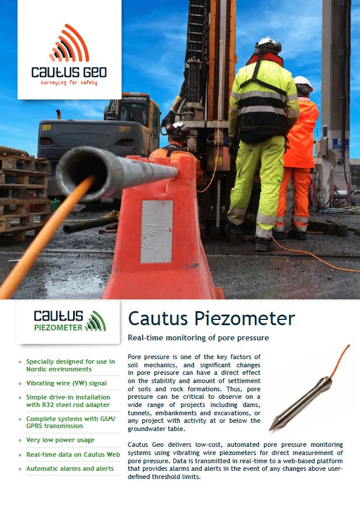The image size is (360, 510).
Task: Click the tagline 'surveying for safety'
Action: coord(69,82)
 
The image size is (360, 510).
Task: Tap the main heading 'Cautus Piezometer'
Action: coord(211,319)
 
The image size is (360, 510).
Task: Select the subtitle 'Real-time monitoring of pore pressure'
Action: coord(197,338)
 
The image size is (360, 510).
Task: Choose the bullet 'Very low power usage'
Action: coord(60,440)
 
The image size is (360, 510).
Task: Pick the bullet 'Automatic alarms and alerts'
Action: coord(70,468)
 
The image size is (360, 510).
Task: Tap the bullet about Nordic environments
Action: coord(70,366)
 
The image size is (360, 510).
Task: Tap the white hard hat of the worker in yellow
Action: coord(266,44)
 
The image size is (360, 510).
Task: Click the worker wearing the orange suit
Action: coord(300,152)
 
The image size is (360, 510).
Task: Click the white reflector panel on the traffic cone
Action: coord(156,231)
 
